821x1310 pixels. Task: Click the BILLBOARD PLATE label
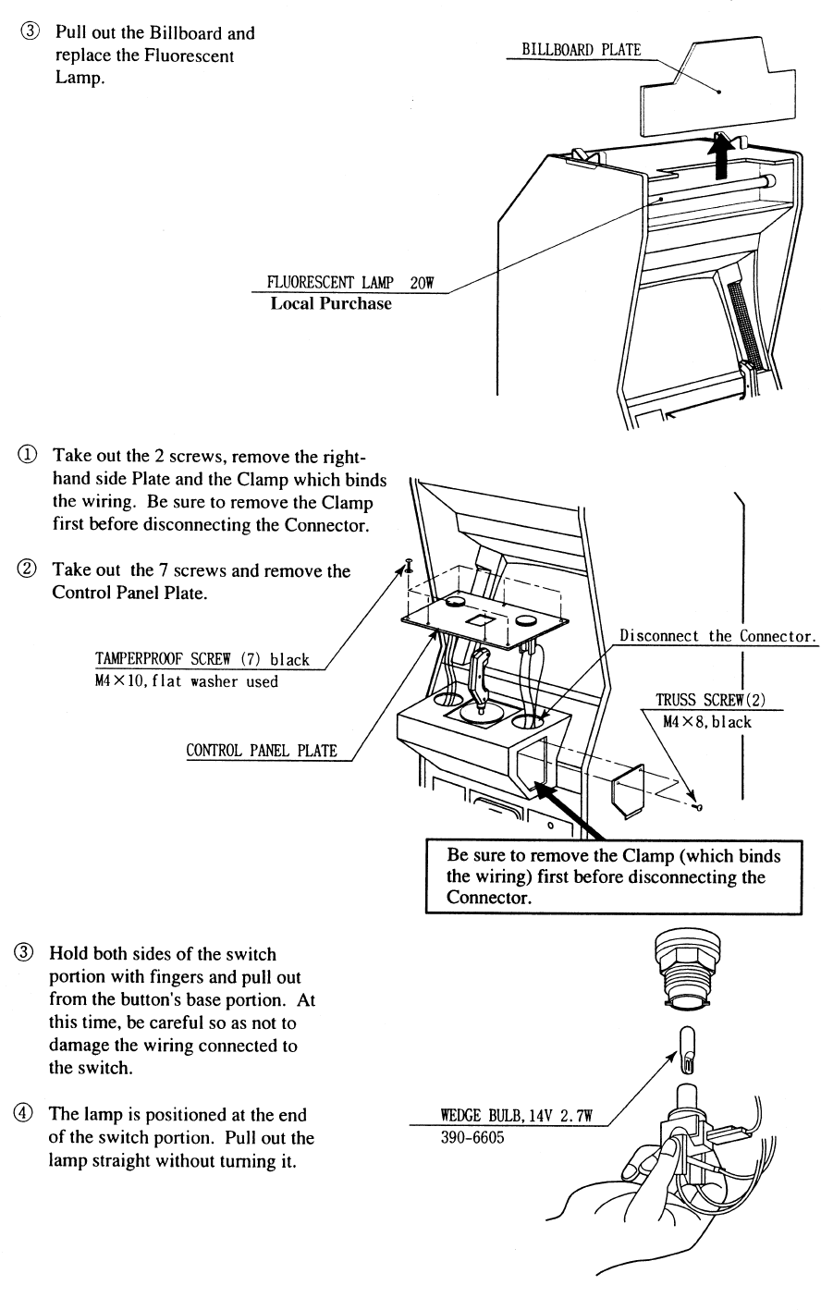581,50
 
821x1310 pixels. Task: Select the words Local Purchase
330,303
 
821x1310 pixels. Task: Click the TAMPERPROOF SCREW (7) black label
202,661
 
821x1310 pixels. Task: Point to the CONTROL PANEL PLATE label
262,751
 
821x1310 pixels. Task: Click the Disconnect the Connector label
718,636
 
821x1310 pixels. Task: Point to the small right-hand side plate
628,790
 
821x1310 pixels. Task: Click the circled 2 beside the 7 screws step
32,570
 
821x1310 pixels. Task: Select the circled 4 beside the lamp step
32,1114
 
